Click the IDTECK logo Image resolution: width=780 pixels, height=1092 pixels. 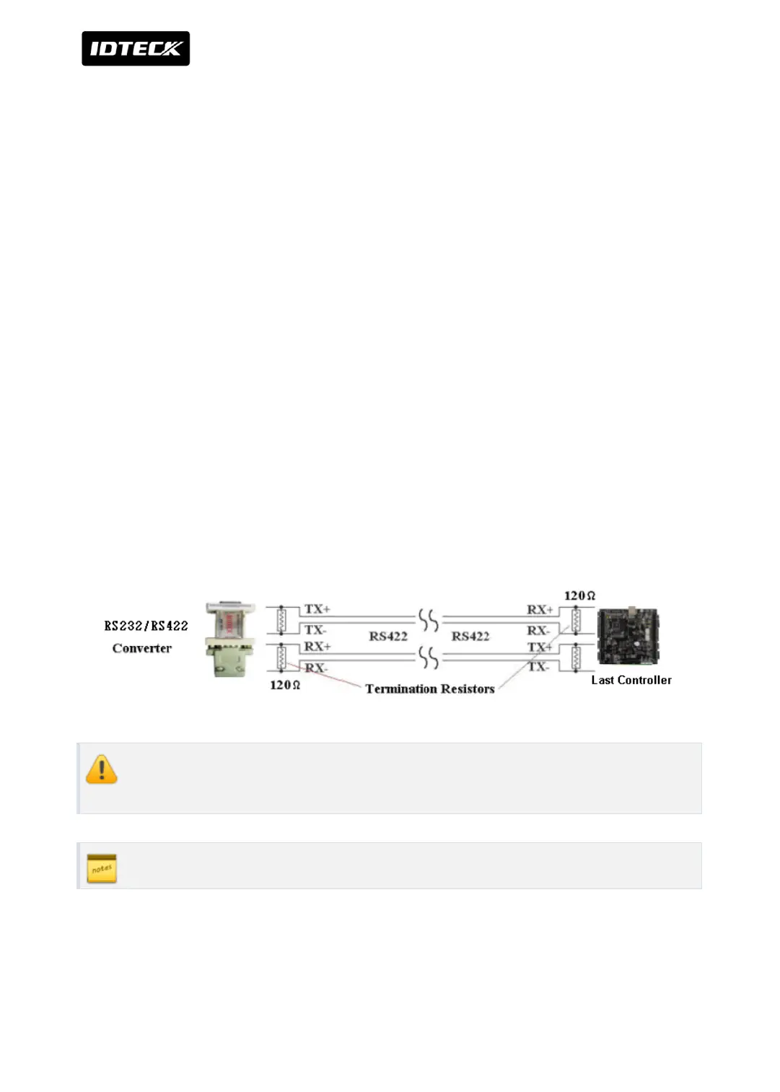point(136,48)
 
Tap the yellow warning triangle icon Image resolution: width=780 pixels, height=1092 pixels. point(102,769)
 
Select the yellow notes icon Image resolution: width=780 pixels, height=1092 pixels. point(102,868)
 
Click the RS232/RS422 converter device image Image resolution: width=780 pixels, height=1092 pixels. point(229,639)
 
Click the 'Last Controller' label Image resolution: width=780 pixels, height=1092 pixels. point(631,680)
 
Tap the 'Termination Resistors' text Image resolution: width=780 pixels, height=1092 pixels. point(430,689)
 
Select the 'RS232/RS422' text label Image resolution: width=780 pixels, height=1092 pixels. point(146,626)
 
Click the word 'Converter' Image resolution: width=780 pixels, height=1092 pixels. point(142,648)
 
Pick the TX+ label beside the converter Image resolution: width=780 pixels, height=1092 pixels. point(317,609)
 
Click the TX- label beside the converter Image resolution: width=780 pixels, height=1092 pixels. point(315,630)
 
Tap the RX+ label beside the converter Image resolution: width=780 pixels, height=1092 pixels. point(317,646)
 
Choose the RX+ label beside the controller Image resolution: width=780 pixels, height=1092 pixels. point(540,610)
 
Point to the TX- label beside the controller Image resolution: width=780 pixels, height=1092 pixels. point(538,667)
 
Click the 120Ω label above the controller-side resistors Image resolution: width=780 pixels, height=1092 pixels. point(579,595)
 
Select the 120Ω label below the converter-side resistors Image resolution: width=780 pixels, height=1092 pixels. point(285,685)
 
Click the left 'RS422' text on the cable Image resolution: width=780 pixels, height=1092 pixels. point(388,636)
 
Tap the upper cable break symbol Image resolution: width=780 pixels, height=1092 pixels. point(429,620)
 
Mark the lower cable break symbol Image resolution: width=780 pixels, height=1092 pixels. point(429,658)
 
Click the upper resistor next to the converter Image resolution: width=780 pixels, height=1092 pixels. point(281,620)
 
